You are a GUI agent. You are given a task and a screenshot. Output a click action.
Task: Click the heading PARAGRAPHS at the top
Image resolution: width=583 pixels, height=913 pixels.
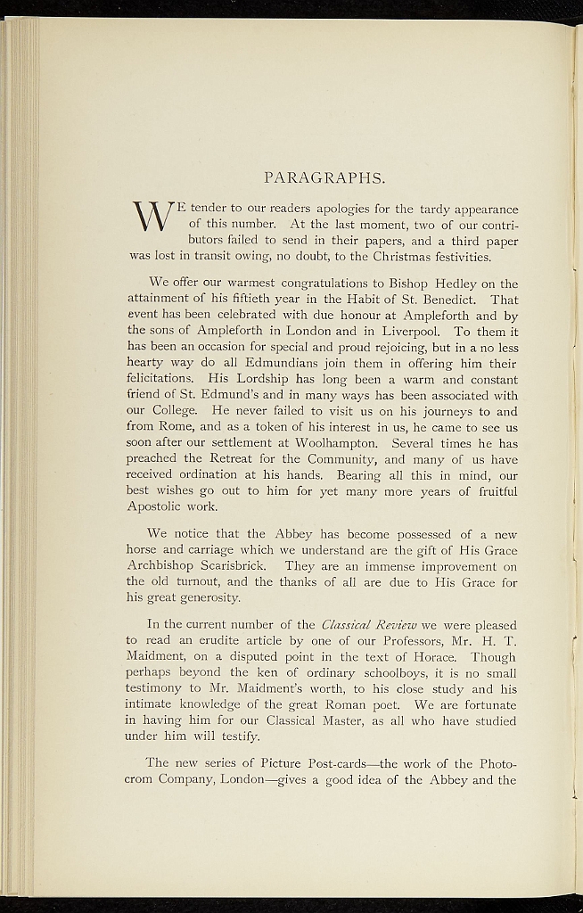[324, 177]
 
